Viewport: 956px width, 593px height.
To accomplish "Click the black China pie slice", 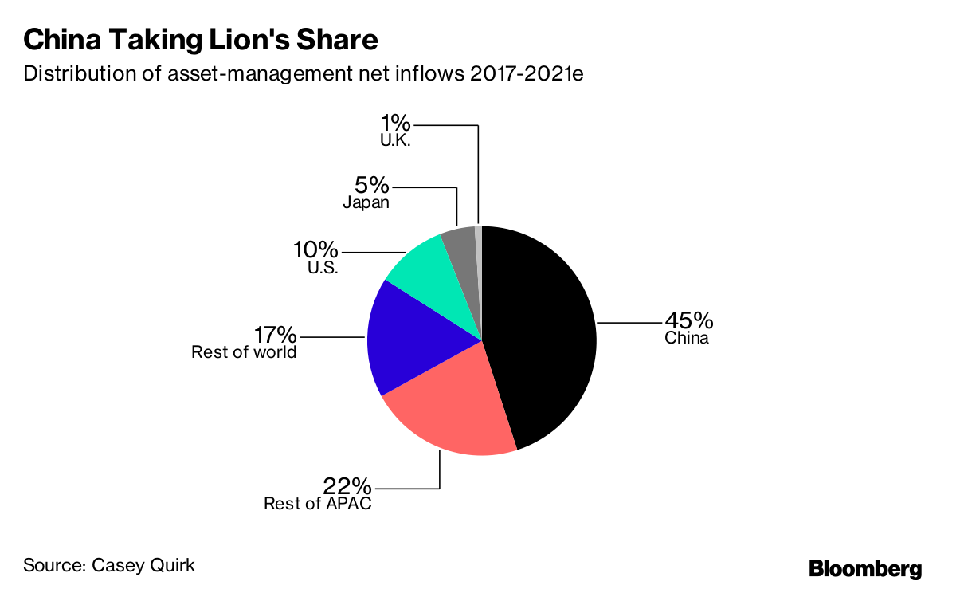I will tap(542, 335).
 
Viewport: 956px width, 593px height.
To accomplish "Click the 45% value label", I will tap(689, 320).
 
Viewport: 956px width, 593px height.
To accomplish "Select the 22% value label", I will tap(347, 485).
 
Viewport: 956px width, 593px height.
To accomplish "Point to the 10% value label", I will tap(316, 250).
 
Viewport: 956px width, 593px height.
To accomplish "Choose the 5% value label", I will tap(372, 186).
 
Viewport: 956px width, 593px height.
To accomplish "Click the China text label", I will tap(687, 338).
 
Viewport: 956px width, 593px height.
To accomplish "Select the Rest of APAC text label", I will tap(318, 504).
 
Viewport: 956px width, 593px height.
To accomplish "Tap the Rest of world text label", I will tap(244, 352).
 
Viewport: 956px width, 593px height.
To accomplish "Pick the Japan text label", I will tap(366, 203).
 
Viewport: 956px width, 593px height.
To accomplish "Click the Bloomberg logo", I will tap(865, 569).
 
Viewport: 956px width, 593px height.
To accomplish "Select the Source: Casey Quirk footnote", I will tap(109, 566).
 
